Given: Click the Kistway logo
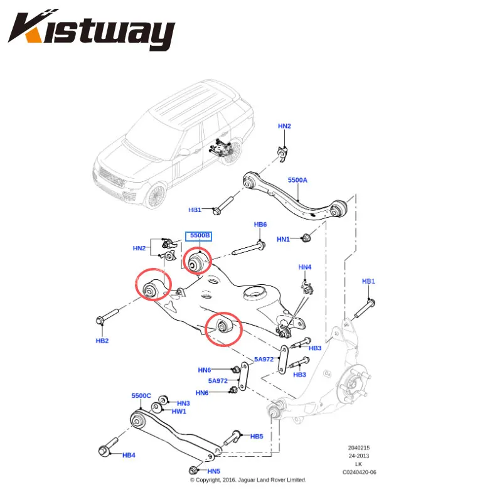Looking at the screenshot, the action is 92,29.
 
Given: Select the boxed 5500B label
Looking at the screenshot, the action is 198,237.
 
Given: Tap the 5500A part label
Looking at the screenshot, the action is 297,180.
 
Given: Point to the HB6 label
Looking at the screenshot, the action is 260,225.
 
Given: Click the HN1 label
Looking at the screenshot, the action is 283,239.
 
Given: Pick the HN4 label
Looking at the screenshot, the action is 305,267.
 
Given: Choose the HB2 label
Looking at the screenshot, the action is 102,341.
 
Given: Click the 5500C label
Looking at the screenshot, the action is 141,396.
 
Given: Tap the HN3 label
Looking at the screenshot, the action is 183,403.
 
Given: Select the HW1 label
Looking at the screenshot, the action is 179,412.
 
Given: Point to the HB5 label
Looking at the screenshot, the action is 257,436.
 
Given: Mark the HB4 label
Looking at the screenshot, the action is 129,455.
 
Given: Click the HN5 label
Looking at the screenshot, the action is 213,471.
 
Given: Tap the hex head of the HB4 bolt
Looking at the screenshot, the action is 104,451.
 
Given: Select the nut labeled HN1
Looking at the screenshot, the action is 306,238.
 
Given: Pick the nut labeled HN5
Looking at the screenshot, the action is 193,470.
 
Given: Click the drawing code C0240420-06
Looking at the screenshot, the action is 359,473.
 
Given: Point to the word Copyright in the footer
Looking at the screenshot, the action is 208,480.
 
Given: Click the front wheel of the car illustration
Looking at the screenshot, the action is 156,196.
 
